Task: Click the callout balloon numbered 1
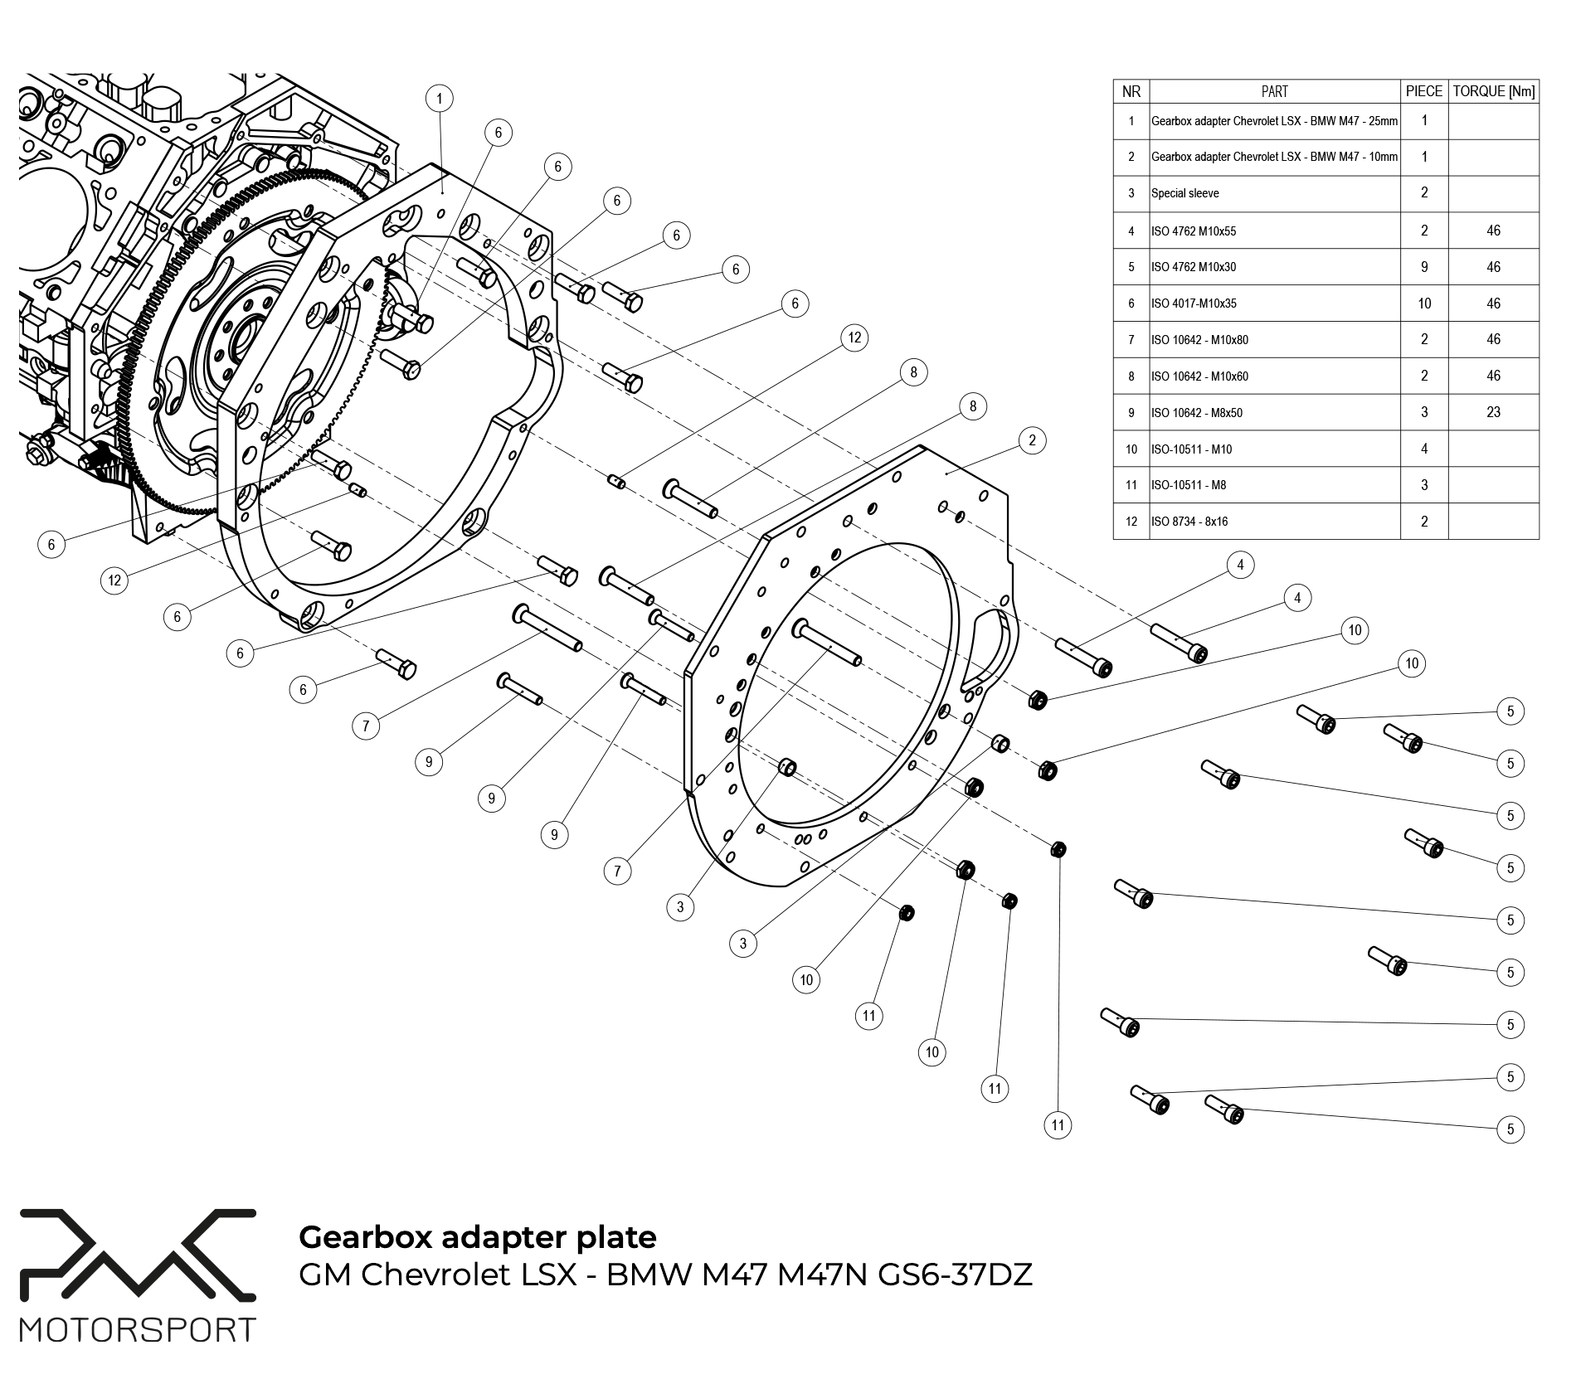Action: point(440,99)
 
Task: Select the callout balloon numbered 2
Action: point(1032,440)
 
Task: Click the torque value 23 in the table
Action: point(1493,412)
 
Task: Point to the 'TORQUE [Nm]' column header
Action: point(1493,91)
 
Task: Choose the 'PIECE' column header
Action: point(1424,91)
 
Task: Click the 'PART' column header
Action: point(1274,91)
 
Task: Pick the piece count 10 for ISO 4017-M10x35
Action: point(1424,303)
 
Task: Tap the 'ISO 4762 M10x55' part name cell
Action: point(1194,231)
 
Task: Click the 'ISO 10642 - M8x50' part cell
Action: point(1197,413)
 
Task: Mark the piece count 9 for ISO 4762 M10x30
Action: point(1424,267)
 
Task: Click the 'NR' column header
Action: point(1131,91)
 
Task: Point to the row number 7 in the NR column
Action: point(1131,340)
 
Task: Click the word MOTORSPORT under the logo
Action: point(138,1329)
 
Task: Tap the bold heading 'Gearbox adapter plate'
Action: point(477,1236)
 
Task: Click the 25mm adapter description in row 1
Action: point(1274,121)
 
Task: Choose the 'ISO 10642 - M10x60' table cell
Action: point(1199,376)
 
